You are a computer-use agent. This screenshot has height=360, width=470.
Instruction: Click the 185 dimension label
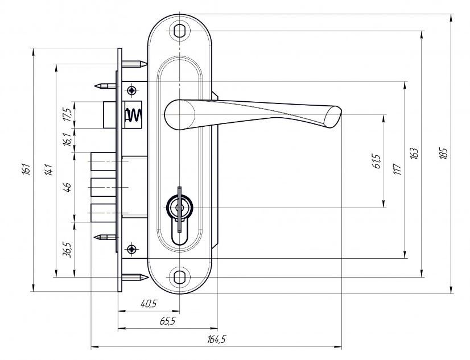(444, 153)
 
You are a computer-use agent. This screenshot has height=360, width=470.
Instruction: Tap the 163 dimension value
(414, 153)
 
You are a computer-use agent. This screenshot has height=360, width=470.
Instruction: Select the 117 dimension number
(397, 169)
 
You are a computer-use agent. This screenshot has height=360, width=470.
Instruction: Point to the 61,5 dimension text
(377, 161)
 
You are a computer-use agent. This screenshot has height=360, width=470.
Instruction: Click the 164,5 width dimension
(216, 340)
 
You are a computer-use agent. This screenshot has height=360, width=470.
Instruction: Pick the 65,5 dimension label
(167, 321)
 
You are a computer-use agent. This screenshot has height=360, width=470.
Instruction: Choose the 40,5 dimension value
(149, 304)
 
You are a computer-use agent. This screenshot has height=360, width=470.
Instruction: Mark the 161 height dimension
(26, 169)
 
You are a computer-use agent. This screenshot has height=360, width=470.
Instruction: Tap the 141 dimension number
(49, 170)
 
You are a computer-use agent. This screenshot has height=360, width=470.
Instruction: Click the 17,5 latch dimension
(68, 115)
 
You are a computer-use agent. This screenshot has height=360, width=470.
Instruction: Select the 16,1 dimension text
(68, 139)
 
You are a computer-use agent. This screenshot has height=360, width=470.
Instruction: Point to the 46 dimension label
(68, 187)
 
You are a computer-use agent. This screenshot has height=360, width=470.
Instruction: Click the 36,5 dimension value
(68, 250)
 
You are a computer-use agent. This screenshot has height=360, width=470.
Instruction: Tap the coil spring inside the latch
(133, 115)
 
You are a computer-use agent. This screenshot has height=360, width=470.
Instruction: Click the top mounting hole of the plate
(179, 31)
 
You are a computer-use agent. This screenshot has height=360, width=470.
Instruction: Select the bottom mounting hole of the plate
(179, 277)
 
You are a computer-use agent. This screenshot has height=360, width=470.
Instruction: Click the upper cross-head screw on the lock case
(131, 90)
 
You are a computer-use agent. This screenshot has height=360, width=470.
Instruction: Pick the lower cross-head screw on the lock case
(131, 249)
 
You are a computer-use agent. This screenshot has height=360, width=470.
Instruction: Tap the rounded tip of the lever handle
(333, 117)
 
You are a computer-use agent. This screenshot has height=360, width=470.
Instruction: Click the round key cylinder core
(179, 208)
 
